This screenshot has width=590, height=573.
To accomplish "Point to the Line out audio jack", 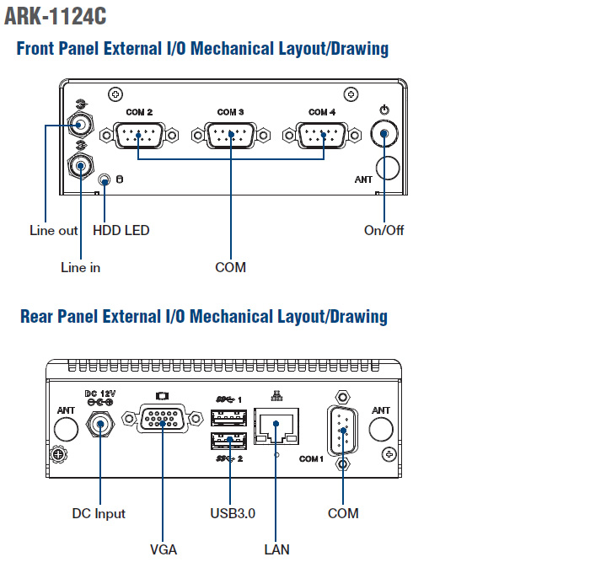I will click(x=79, y=126).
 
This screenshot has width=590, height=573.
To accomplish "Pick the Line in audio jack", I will click(x=80, y=165).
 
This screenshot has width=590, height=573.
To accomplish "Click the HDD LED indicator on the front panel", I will click(x=105, y=179).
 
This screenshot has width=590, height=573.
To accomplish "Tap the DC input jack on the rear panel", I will click(x=100, y=426).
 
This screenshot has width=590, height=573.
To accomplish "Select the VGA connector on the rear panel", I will click(x=164, y=420).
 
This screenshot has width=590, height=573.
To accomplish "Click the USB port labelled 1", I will click(x=228, y=416).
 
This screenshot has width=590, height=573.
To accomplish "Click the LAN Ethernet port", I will click(x=276, y=426).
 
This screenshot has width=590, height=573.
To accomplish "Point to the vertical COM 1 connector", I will click(x=342, y=431).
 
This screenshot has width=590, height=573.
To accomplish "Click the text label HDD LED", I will click(x=121, y=230).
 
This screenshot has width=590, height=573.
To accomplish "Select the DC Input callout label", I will click(x=99, y=513).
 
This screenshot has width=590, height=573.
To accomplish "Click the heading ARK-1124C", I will click(x=56, y=16).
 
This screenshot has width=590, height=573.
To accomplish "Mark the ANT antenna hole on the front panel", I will click(x=387, y=167).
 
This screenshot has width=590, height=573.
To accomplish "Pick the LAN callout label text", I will click(x=276, y=549).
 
